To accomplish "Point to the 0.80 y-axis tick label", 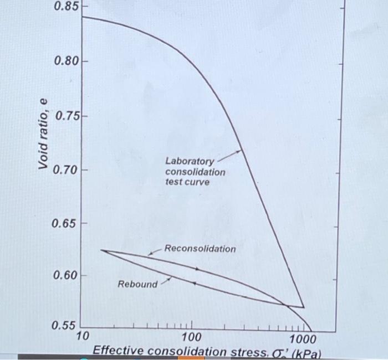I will click(x=65, y=60).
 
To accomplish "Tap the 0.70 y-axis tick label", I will click(x=65, y=169).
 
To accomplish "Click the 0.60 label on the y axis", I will click(x=65, y=275).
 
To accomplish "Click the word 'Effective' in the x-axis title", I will click(x=118, y=351).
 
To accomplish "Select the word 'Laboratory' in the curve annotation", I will click(x=189, y=162).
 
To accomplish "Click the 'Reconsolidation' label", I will click(x=200, y=249).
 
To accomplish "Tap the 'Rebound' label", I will click(x=137, y=284).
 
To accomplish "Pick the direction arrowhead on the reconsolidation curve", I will click(x=197, y=269).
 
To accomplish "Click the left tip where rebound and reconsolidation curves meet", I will click(x=102, y=251).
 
